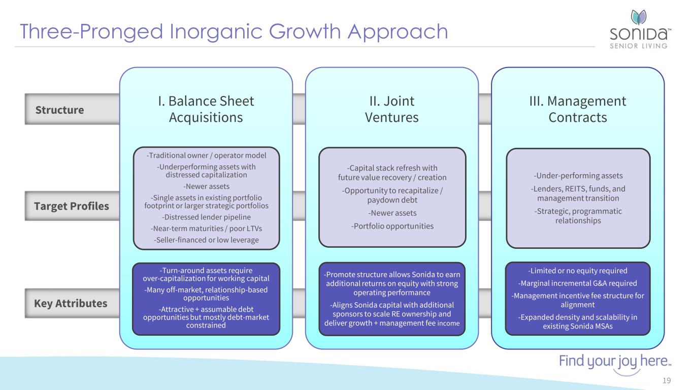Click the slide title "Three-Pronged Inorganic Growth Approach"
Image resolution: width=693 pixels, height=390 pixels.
[234, 31]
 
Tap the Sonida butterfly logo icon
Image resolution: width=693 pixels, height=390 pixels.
[638, 17]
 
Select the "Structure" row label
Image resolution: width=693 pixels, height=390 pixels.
[59, 110]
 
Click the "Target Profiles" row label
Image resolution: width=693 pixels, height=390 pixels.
[72, 206]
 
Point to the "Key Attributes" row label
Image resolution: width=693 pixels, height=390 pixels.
[71, 304]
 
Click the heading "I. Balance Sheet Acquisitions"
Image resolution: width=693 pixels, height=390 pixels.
[206, 109]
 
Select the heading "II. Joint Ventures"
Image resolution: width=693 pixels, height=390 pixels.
[391, 109]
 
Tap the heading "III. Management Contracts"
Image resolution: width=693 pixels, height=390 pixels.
[578, 109]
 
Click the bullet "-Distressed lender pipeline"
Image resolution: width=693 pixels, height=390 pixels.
[206, 217]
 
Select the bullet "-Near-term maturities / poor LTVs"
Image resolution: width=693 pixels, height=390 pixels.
[206, 229]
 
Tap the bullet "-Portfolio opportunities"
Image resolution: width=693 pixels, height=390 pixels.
[392, 225]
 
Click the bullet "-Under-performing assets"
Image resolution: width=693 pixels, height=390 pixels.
[578, 176]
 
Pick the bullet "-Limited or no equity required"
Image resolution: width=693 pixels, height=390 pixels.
[578, 271]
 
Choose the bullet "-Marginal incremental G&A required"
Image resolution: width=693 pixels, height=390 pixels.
[578, 283]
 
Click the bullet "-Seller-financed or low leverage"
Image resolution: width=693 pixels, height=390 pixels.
[206, 240]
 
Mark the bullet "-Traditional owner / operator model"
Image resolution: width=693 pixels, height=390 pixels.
[206, 155]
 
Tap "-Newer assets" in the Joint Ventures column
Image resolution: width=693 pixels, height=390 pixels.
[392, 213]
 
